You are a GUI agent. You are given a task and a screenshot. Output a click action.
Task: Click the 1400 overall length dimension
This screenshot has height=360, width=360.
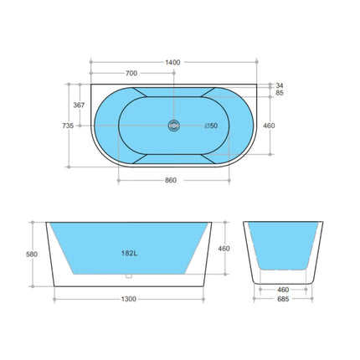pyautogui.click(x=173, y=63)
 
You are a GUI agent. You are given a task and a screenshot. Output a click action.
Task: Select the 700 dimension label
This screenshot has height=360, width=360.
pyautogui.click(x=131, y=74)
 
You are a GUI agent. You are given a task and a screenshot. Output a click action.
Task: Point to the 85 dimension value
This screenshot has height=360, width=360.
pyautogui.click(x=279, y=93)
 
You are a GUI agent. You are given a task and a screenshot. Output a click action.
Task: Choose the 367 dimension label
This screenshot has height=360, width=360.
pyautogui.click(x=79, y=105)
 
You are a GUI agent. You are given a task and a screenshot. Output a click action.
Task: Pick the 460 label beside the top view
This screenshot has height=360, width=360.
pyautogui.click(x=269, y=126)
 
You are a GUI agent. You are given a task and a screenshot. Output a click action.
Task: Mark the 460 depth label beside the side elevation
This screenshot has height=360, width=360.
pyautogui.click(x=224, y=249)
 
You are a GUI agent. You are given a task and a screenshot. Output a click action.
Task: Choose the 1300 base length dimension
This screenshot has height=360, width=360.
pyautogui.click(x=129, y=300)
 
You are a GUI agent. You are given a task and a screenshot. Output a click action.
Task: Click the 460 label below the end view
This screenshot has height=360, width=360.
pyautogui.click(x=284, y=290)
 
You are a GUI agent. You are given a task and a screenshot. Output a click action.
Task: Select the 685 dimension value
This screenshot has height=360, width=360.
pyautogui.click(x=284, y=300)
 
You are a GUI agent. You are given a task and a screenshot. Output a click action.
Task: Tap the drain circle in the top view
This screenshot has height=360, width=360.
pyautogui.click(x=174, y=126)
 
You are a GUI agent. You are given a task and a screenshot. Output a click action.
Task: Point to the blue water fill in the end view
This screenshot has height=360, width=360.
pyautogui.click(x=284, y=247)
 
